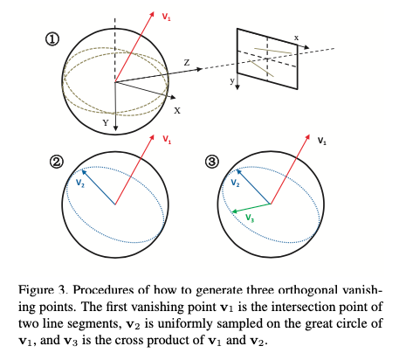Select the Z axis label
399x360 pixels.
point(186,62)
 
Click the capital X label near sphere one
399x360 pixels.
point(176,111)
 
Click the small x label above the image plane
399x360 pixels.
point(296,38)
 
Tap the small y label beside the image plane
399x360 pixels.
point(232,80)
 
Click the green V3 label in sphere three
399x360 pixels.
point(250,217)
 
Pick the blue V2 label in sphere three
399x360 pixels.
point(236,184)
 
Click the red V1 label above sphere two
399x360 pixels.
point(166,140)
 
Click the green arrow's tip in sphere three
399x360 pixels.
point(231,213)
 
